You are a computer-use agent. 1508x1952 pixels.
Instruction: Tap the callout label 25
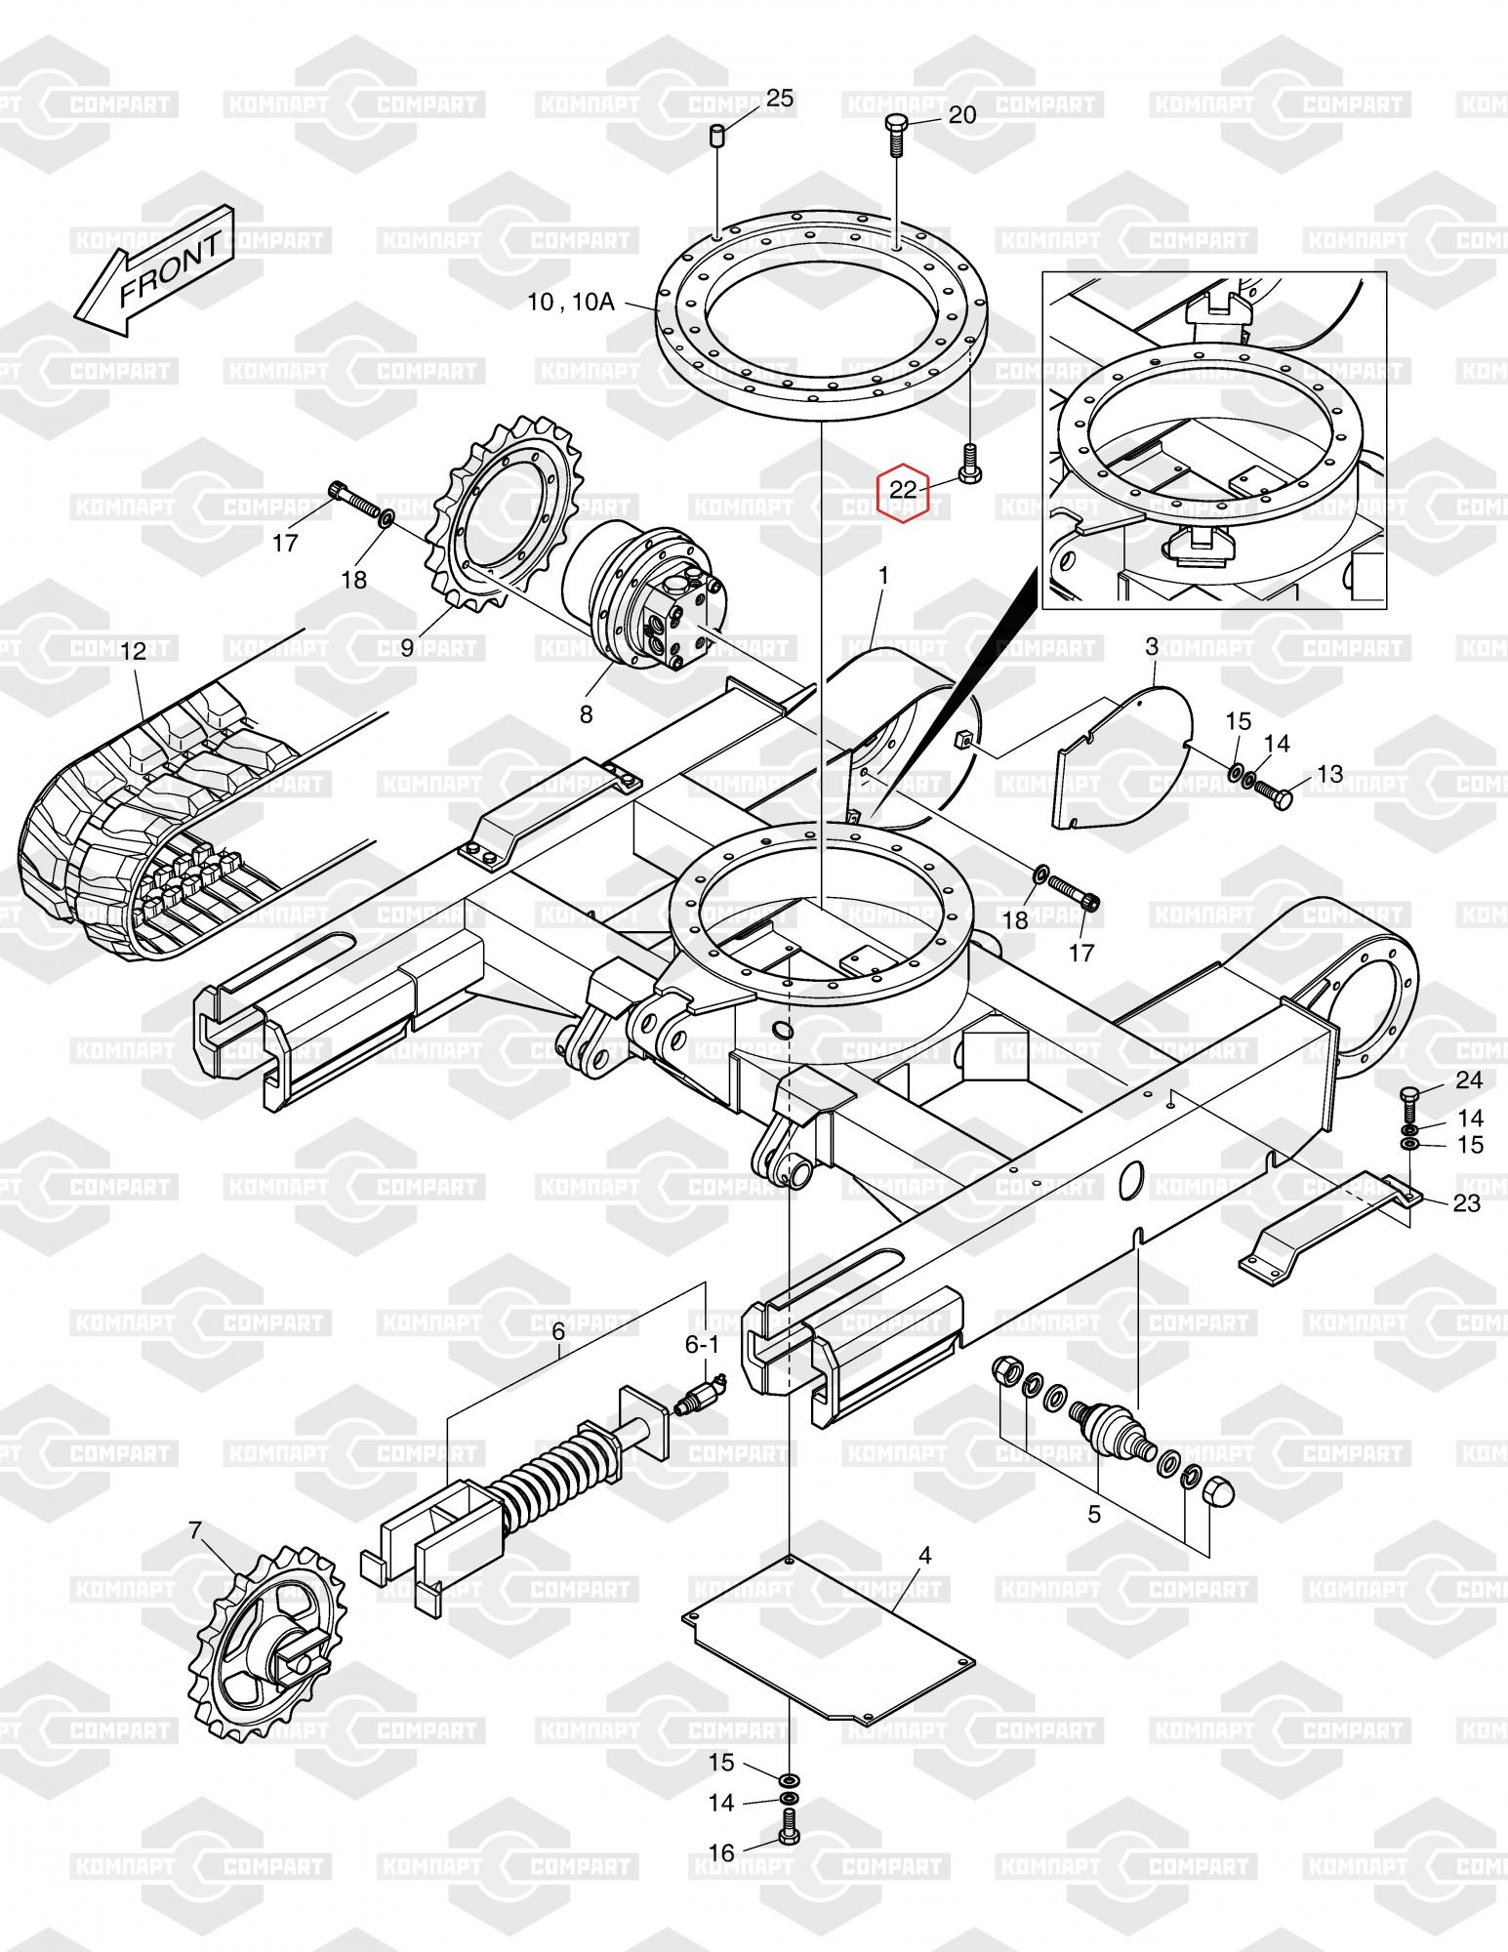[x=779, y=98]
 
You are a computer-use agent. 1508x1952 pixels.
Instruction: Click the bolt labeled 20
[x=897, y=137]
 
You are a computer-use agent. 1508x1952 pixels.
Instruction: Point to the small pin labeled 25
[x=717, y=135]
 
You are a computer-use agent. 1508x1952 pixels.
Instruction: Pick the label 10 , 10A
[x=571, y=302]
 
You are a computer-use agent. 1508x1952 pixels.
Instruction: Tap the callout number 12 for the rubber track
[x=133, y=651]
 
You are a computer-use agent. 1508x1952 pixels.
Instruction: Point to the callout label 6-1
[x=702, y=1345]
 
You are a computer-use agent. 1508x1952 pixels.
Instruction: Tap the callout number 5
[x=1094, y=1514]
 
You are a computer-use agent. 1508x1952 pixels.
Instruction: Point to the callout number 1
[x=882, y=577]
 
